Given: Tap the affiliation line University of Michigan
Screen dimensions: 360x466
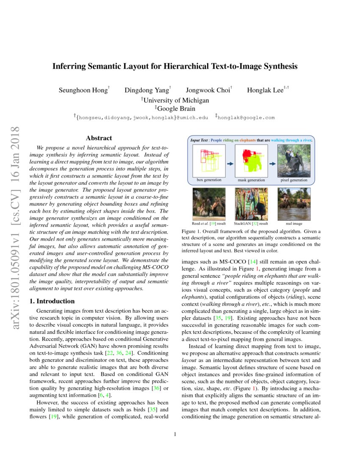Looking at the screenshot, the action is pos(175,100).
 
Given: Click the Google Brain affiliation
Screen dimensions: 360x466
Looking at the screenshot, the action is pos(175,108).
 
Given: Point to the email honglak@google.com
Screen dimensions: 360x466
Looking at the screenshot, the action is pos(246,118).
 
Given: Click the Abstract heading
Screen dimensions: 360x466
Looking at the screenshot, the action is pos(99,138).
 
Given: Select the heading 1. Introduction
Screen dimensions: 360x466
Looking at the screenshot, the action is pos(52,301).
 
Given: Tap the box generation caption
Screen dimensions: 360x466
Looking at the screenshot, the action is pos(209,180).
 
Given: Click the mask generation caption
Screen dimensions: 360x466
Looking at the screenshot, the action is pos(251,180).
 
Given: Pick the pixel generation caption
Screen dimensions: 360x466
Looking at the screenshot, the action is pos(294,180).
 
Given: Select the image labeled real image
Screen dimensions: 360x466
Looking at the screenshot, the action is pos(294,204).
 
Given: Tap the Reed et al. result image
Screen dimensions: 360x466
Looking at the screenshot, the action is pos(209,204).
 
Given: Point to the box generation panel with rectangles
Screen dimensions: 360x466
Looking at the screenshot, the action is pos(209,161).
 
